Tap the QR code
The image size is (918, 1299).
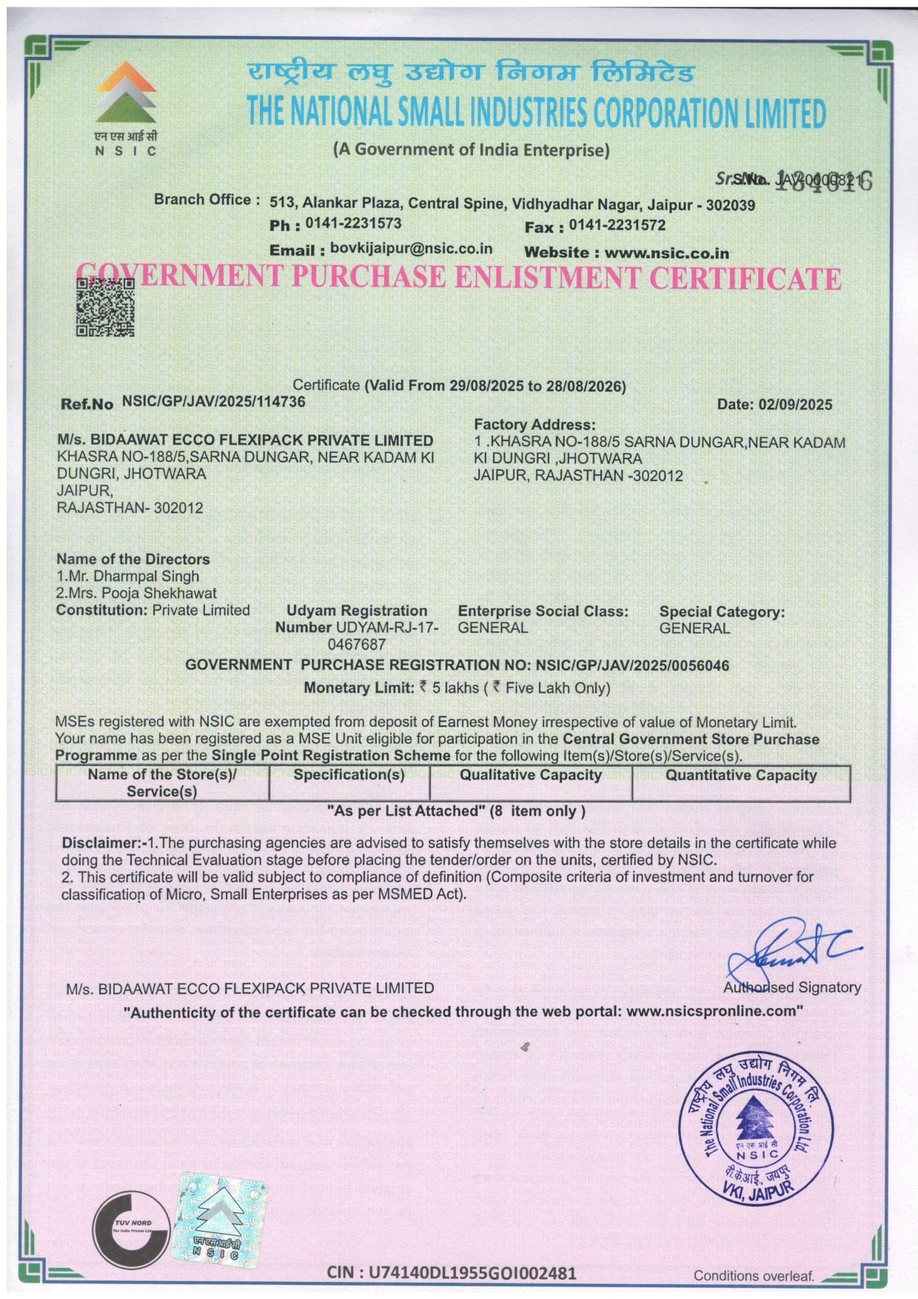point(105,307)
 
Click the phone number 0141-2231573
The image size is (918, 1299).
point(353,223)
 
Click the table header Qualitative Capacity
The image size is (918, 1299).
point(531,776)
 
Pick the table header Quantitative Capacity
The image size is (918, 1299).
point(741,776)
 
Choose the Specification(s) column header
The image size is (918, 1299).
point(349,776)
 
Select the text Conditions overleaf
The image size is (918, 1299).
point(754,1276)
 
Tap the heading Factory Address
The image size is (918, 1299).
point(535,425)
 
